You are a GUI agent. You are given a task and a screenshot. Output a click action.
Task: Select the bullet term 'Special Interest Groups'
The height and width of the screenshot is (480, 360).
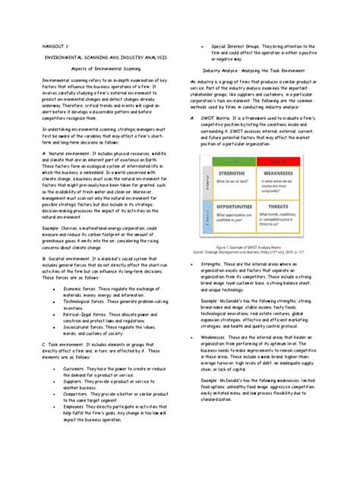pyautogui.click(x=237, y=46)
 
